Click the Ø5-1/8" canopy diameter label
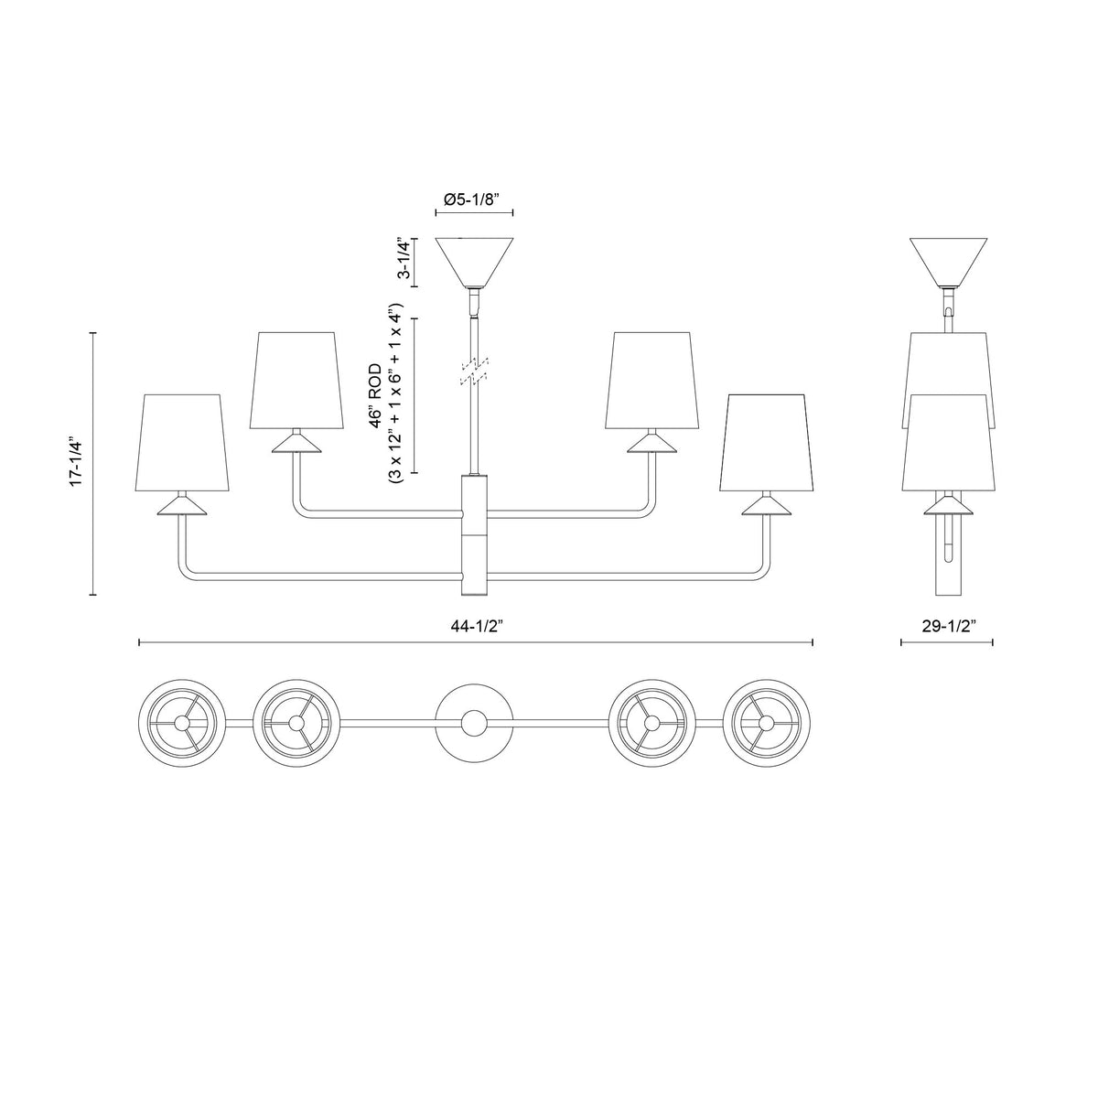tap(471, 199)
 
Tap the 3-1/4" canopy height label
tap(404, 258)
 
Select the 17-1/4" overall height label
tap(77, 462)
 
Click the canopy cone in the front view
tap(474, 262)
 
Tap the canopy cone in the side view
tap(948, 262)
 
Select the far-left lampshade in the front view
tap(182, 442)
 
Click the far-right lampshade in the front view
tap(767, 442)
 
